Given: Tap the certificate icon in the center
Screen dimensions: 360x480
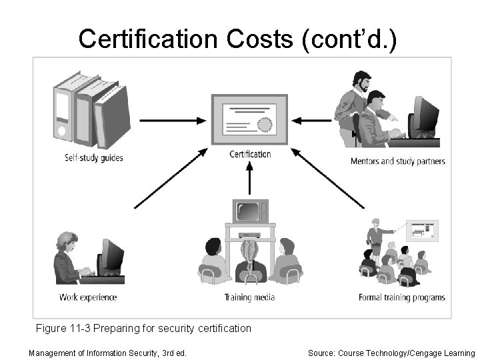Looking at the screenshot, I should tap(249, 119).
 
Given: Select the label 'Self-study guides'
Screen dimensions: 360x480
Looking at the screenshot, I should tap(94, 159).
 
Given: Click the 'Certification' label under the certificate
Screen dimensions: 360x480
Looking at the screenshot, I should tap(250, 154).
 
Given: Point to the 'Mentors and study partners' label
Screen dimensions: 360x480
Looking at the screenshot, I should tap(397, 161).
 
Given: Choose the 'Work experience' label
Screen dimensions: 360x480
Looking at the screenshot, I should tap(88, 297).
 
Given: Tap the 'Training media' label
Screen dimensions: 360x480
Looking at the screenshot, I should tap(250, 297).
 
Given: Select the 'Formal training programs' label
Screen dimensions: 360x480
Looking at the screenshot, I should tap(397, 297).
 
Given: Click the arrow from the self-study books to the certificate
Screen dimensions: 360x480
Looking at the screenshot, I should tap(173, 120).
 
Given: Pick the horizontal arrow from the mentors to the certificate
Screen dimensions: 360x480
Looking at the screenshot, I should tap(313, 120).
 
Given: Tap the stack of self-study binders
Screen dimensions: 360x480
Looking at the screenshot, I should tap(92, 110).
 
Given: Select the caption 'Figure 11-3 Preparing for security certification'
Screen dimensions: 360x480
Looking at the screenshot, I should tap(143, 328).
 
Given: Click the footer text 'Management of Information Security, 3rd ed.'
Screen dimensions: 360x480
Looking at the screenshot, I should tap(107, 353).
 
